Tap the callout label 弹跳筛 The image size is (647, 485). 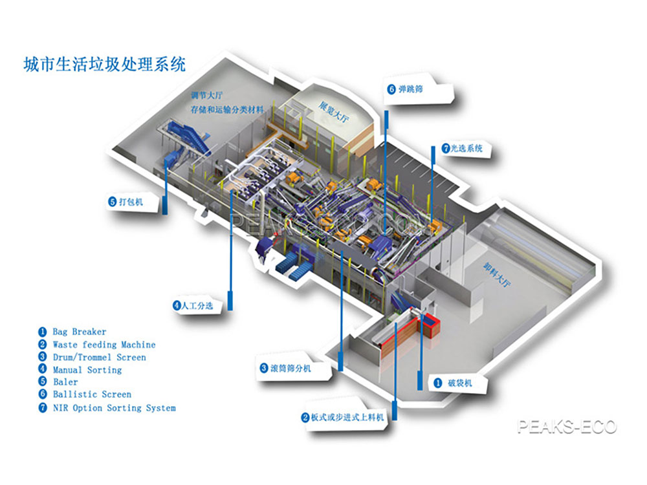[x=411, y=89]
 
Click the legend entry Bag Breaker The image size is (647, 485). [x=79, y=332]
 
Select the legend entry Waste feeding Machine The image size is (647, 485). [x=104, y=345]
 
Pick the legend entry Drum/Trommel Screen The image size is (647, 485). [x=99, y=357]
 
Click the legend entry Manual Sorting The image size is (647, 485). [x=87, y=370]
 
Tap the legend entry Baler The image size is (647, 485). [x=65, y=382]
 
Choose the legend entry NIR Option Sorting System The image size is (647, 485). [x=114, y=408]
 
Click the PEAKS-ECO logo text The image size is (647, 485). [x=567, y=427]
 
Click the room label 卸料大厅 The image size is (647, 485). [x=500, y=274]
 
